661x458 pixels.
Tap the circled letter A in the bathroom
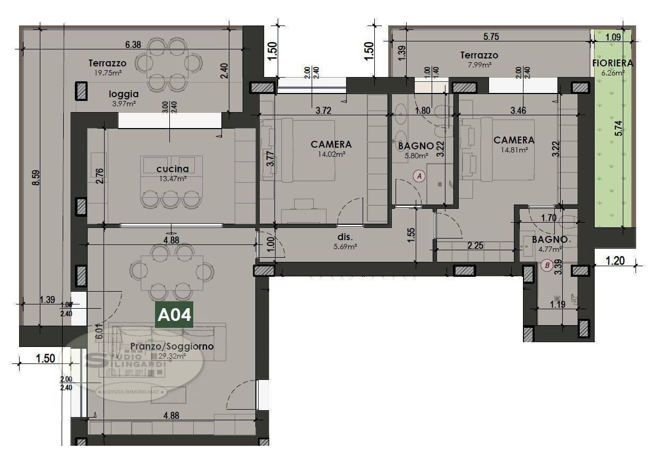point(419,176)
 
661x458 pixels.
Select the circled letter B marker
point(546,265)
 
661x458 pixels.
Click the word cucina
point(172,169)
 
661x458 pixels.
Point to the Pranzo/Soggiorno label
point(172,346)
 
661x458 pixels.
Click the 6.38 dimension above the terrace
point(133,45)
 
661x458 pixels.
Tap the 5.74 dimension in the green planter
point(624,129)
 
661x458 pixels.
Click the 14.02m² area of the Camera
point(331,154)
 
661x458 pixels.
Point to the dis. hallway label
point(345,237)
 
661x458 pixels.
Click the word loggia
point(124,94)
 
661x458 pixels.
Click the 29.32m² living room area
point(172,357)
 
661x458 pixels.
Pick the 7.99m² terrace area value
point(479,64)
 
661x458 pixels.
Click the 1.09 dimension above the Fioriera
point(613,37)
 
